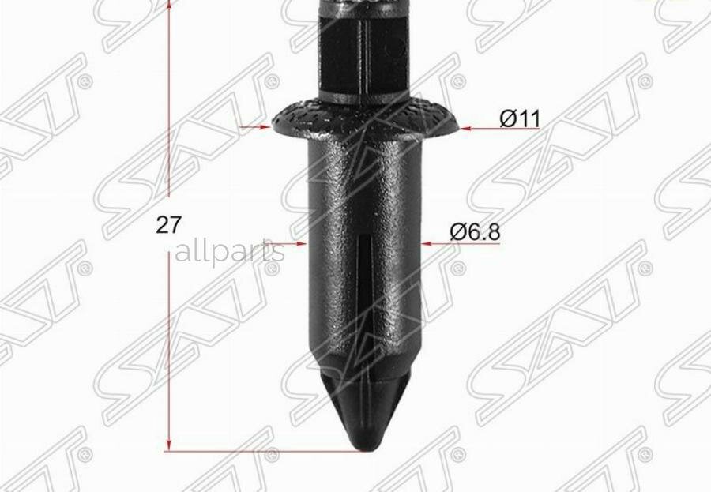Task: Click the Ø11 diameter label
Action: coord(520,118)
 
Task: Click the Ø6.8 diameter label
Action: coord(475,232)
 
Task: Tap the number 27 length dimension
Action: coord(169,225)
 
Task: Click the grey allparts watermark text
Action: coord(230,253)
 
